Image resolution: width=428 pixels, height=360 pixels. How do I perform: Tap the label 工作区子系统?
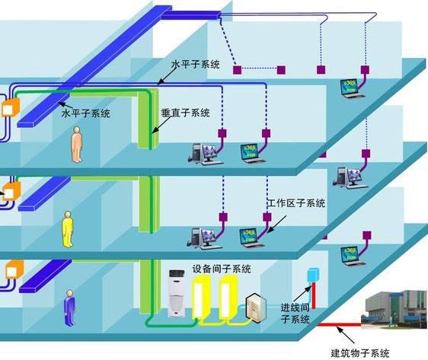click(296, 204)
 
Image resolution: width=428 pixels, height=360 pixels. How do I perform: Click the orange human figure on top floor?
click(76, 145)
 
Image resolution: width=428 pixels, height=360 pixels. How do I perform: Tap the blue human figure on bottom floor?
click(70, 305)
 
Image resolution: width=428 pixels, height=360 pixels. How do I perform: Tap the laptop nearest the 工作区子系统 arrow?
click(248, 237)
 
